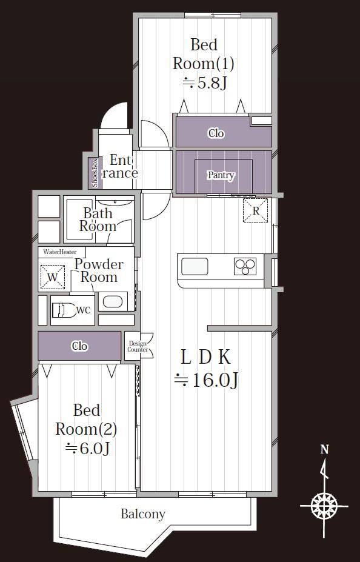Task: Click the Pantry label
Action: click(x=221, y=175)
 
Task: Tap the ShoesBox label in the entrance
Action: click(x=95, y=173)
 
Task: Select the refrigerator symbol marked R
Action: click(x=255, y=210)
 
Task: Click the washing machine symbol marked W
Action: click(x=53, y=277)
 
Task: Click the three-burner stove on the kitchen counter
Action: click(x=245, y=266)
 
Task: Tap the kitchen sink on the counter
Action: click(x=195, y=267)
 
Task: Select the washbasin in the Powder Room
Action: click(x=113, y=301)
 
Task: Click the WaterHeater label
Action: click(x=60, y=252)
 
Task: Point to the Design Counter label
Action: click(x=138, y=347)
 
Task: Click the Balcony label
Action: click(x=143, y=514)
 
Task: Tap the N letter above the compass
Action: click(x=324, y=449)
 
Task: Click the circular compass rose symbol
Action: click(x=324, y=506)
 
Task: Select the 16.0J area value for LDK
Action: click(x=206, y=380)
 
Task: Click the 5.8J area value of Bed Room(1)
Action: click(x=204, y=83)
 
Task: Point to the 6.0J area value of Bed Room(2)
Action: click(x=87, y=449)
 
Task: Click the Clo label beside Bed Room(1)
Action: click(x=216, y=133)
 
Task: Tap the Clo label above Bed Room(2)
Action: click(x=79, y=346)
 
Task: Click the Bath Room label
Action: click(x=98, y=219)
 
